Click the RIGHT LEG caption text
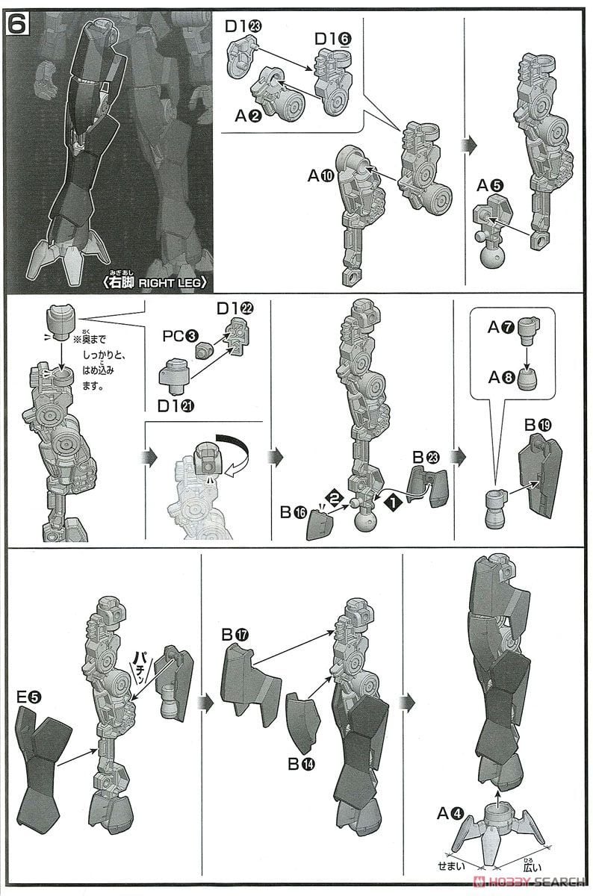tap(155, 282)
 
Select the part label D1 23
tap(243, 27)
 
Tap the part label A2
tap(249, 116)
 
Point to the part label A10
tap(321, 175)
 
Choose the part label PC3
tap(181, 335)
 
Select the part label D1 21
tap(176, 406)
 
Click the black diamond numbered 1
tap(393, 503)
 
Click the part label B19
tap(538, 426)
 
